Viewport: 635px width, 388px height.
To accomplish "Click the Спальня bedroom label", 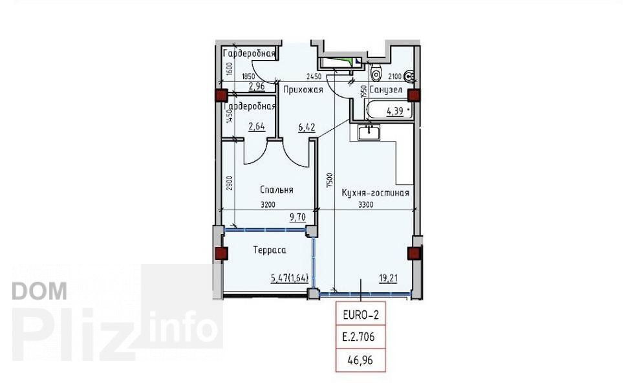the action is click(277, 190).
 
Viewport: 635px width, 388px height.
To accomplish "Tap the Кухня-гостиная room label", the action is click(375, 193).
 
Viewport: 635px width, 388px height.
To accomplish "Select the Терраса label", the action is click(269, 250).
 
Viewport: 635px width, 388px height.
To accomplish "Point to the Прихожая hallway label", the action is click(303, 90).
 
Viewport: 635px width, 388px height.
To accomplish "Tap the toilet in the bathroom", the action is click(376, 72).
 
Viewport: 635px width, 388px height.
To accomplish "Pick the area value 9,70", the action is click(297, 217).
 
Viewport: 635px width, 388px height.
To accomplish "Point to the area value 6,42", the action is click(307, 127).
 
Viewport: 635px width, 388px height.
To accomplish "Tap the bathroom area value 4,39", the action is click(395, 111).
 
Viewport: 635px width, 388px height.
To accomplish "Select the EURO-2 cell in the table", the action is click(360, 315).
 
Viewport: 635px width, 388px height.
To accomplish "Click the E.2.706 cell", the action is click(360, 336).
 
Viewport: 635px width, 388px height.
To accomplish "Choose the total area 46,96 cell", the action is click(360, 359).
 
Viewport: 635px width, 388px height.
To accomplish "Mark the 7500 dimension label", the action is click(330, 180).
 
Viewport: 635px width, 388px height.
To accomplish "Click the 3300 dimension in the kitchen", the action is click(366, 205).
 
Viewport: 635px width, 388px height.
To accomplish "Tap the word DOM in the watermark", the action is click(39, 291).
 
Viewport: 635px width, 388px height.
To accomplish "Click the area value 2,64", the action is click(257, 126).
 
